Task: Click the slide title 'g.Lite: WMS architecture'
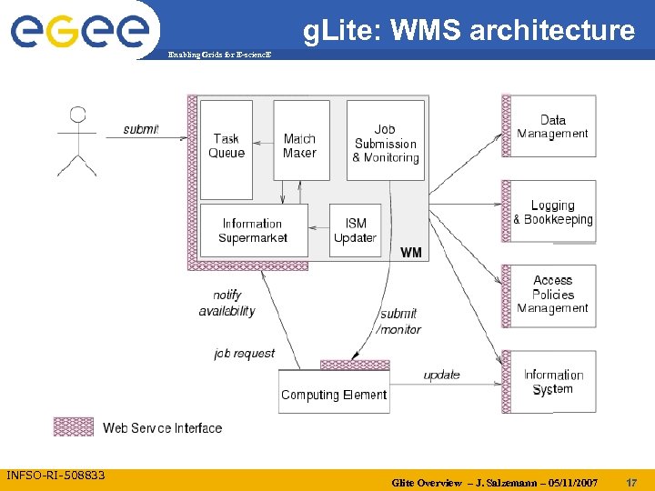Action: [x=469, y=31]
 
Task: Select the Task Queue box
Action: [x=227, y=147]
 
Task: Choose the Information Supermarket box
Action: [x=253, y=230]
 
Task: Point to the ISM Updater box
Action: [x=355, y=230]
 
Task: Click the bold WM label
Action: [x=411, y=252]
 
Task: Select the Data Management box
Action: [x=553, y=126]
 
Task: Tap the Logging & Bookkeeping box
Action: [x=553, y=212]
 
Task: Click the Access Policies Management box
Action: [x=553, y=295]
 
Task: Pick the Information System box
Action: [x=553, y=382]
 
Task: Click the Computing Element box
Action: [x=334, y=395]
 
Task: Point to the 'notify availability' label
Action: [x=227, y=303]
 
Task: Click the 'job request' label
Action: [x=244, y=353]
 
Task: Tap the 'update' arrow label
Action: [x=441, y=375]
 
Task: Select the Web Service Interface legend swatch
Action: [x=74, y=426]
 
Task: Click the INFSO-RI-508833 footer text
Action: [x=55, y=476]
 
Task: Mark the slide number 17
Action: [x=631, y=481]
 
